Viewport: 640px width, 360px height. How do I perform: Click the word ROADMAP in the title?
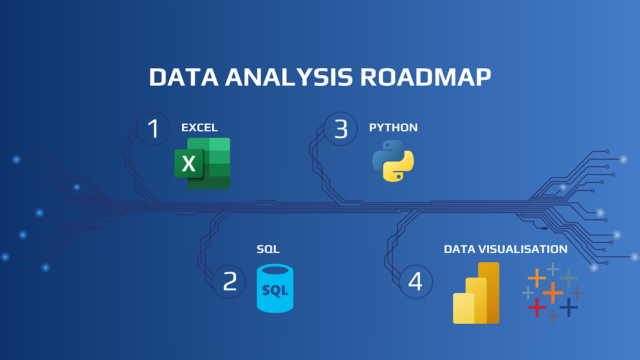click(425, 77)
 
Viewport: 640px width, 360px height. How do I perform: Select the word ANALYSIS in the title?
click(287, 77)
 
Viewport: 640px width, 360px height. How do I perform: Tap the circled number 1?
click(154, 129)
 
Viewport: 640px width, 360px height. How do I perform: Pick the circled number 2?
click(229, 281)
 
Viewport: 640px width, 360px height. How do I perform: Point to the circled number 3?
click(340, 129)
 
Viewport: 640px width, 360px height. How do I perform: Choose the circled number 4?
click(416, 281)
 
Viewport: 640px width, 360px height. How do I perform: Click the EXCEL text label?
click(199, 127)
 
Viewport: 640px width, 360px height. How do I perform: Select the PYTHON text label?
click(393, 127)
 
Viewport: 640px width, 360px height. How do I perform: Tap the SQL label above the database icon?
click(268, 249)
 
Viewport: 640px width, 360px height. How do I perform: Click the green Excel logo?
click(203, 163)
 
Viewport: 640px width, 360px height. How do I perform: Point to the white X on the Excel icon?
click(189, 164)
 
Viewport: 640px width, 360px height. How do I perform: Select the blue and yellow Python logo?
click(393, 161)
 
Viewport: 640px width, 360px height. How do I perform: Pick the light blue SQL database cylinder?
click(275, 289)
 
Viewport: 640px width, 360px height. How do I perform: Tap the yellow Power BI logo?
click(476, 293)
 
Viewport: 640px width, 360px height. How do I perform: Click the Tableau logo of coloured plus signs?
click(553, 292)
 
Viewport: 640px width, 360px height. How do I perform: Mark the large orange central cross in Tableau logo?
click(553, 292)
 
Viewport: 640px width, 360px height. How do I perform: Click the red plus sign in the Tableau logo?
click(537, 307)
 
